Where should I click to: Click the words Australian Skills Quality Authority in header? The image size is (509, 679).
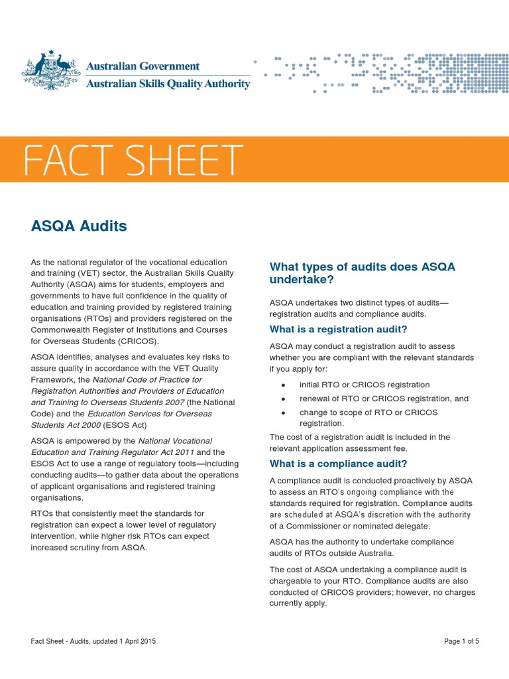click(x=168, y=84)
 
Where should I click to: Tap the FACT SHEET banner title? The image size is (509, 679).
click(x=133, y=161)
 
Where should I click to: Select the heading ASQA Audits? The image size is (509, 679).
click(x=79, y=226)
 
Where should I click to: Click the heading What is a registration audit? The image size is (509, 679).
click(x=338, y=330)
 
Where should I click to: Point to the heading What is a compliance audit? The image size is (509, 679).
click(x=338, y=463)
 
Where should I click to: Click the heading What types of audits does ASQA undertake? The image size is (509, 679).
click(x=362, y=273)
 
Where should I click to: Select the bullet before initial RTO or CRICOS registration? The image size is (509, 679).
click(x=283, y=385)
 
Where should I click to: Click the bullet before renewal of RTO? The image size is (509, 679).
click(x=283, y=399)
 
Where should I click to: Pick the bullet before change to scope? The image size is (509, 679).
click(x=283, y=412)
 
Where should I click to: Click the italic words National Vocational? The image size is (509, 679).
click(x=175, y=440)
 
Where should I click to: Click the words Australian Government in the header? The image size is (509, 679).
click(x=143, y=66)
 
